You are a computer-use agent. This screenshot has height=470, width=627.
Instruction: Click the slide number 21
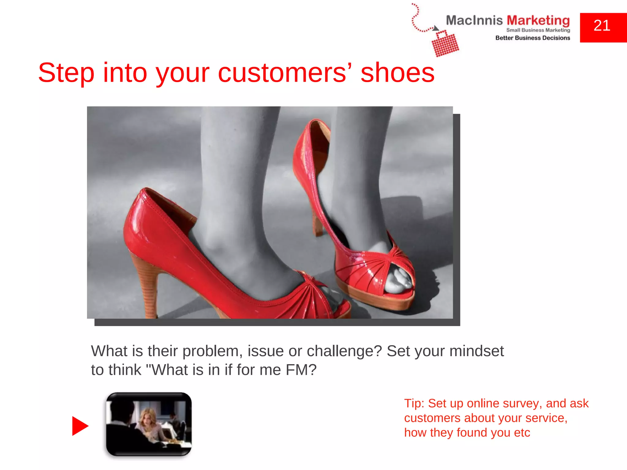[602, 26]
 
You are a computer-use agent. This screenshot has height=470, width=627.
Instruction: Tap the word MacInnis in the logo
[474, 21]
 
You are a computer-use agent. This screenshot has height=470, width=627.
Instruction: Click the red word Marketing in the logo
[538, 21]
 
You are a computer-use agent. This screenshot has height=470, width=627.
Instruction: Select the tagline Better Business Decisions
[533, 38]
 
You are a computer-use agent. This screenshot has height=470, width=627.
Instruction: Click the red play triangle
[80, 426]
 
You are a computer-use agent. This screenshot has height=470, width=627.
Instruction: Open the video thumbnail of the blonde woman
[149, 424]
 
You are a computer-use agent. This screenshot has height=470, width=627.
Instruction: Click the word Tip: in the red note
[414, 404]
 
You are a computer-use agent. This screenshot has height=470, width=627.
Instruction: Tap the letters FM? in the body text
[301, 370]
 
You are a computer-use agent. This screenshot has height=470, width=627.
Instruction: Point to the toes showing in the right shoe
[398, 280]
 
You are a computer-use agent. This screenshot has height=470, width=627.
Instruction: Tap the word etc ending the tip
[522, 433]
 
